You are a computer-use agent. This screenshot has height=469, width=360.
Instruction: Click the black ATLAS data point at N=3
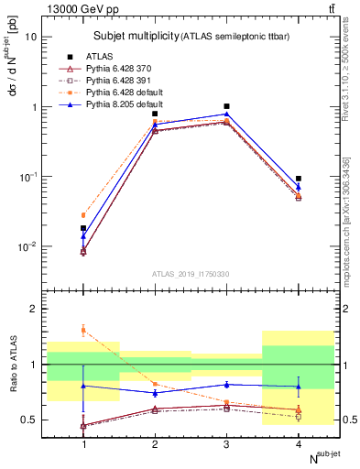pos(226,106)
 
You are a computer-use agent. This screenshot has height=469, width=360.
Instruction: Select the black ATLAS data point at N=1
pos(83,228)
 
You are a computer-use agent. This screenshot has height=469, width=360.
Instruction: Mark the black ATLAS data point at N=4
pos(298,179)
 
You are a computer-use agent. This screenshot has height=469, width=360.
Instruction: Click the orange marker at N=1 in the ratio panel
pos(83,330)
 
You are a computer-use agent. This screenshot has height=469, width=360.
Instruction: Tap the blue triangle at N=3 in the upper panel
pos(226,114)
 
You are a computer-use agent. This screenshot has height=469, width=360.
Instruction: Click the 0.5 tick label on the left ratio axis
pos(30,420)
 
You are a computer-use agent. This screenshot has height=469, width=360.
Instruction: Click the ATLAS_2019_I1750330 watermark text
pos(191,274)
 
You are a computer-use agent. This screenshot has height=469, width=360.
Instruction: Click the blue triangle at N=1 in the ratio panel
pos(83,386)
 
